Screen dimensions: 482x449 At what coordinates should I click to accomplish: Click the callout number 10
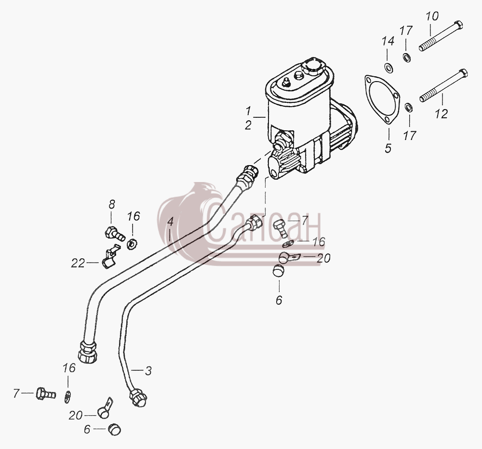(x=432, y=16)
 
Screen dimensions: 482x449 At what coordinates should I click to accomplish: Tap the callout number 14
(x=388, y=41)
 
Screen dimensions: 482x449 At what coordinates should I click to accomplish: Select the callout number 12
(x=442, y=114)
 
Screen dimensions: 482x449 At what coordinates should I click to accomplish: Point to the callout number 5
(x=388, y=148)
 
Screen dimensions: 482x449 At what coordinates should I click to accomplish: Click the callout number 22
(x=78, y=263)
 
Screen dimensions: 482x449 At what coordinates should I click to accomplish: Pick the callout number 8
(x=112, y=204)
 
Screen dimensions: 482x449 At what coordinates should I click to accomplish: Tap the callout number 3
(x=148, y=371)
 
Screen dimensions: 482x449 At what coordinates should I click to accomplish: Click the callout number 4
(x=170, y=222)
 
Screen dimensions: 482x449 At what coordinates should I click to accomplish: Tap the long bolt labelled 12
(x=443, y=85)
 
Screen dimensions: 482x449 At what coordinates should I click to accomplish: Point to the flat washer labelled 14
(x=388, y=67)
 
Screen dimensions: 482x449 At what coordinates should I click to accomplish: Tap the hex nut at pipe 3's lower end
(x=138, y=398)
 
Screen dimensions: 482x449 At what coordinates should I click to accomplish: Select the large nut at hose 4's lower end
(x=88, y=352)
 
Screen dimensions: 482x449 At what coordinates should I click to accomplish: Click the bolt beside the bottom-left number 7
(x=46, y=393)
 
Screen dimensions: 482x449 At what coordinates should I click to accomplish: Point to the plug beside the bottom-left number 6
(x=114, y=430)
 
